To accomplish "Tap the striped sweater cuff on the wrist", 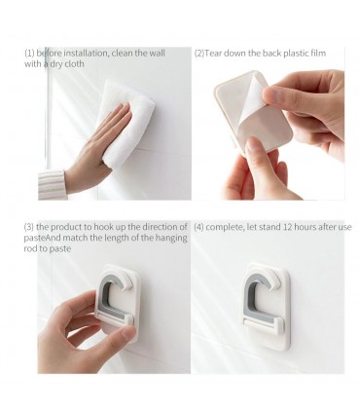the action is tap(52, 184).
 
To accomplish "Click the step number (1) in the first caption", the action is tap(29, 53).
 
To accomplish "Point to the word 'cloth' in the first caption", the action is tap(74, 64).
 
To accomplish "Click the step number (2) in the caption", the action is tap(199, 53).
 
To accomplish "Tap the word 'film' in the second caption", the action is tap(318, 53).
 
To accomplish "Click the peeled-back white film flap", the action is tap(253, 94).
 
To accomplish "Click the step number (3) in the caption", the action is tap(29, 227).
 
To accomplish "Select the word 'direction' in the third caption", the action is tap(162, 227).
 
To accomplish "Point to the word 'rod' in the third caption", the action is tap(30, 248).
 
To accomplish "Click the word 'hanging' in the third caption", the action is tap(171, 239).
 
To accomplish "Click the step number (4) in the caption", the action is tap(198, 227).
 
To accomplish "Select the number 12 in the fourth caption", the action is tap(287, 227).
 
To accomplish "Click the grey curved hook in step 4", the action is tap(251, 294).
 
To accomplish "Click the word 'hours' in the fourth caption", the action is tap(305, 227).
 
